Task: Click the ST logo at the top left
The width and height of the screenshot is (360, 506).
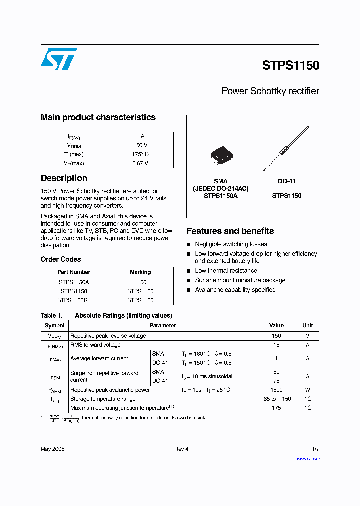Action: click(59, 59)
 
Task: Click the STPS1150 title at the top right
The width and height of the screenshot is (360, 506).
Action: click(290, 65)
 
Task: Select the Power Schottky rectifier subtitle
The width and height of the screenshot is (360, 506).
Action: click(270, 91)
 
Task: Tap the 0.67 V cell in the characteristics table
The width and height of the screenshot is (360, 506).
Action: click(140, 163)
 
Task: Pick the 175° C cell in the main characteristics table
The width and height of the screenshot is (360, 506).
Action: click(140, 154)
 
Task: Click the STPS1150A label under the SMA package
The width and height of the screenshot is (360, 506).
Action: click(220, 196)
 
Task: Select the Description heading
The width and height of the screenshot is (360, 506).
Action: click(64, 178)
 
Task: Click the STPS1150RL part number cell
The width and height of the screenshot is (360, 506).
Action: click(74, 300)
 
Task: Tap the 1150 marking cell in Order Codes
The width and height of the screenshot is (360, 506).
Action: click(140, 282)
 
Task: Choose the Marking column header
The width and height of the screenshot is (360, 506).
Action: click(140, 272)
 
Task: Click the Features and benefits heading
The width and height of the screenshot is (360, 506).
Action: click(230, 231)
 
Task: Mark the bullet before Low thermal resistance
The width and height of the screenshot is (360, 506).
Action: click(189, 271)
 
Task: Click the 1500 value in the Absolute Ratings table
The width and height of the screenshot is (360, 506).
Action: click(276, 390)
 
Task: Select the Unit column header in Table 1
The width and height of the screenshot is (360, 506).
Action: click(307, 325)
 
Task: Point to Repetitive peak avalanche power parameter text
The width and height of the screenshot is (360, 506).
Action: click(110, 390)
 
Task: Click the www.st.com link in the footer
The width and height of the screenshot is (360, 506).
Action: click(308, 458)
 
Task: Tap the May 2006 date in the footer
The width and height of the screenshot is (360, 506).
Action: click(52, 449)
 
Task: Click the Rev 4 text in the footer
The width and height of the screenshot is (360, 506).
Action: click(181, 449)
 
